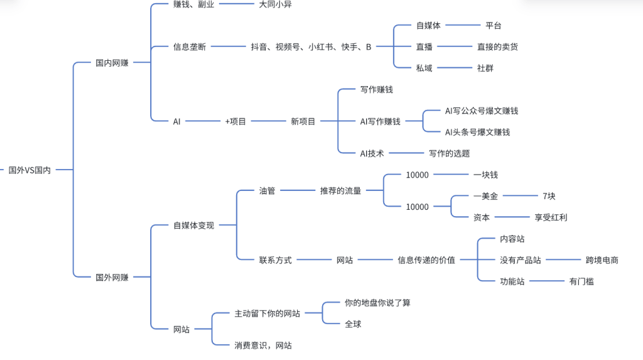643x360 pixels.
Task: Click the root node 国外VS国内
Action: click(30, 170)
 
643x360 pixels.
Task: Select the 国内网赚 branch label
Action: click(112, 63)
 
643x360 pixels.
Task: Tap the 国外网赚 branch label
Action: click(112, 277)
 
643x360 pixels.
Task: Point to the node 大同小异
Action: click(275, 4)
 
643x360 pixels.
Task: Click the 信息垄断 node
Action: click(190, 46)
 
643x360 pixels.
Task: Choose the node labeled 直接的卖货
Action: click(498, 46)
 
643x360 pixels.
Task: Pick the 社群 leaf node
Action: click(485, 68)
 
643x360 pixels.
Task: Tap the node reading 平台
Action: click(494, 26)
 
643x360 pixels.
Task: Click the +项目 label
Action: click(235, 121)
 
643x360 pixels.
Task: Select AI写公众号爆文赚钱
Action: click(482, 111)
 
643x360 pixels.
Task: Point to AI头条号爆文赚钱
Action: click(477, 132)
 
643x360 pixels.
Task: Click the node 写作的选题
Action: click(450, 153)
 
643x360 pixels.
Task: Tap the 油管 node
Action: click(267, 191)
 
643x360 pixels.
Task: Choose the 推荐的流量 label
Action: click(340, 191)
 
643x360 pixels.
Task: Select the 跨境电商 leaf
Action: click(602, 259)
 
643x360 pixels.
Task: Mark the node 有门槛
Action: click(581, 281)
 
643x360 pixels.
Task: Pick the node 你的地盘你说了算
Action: click(377, 303)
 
